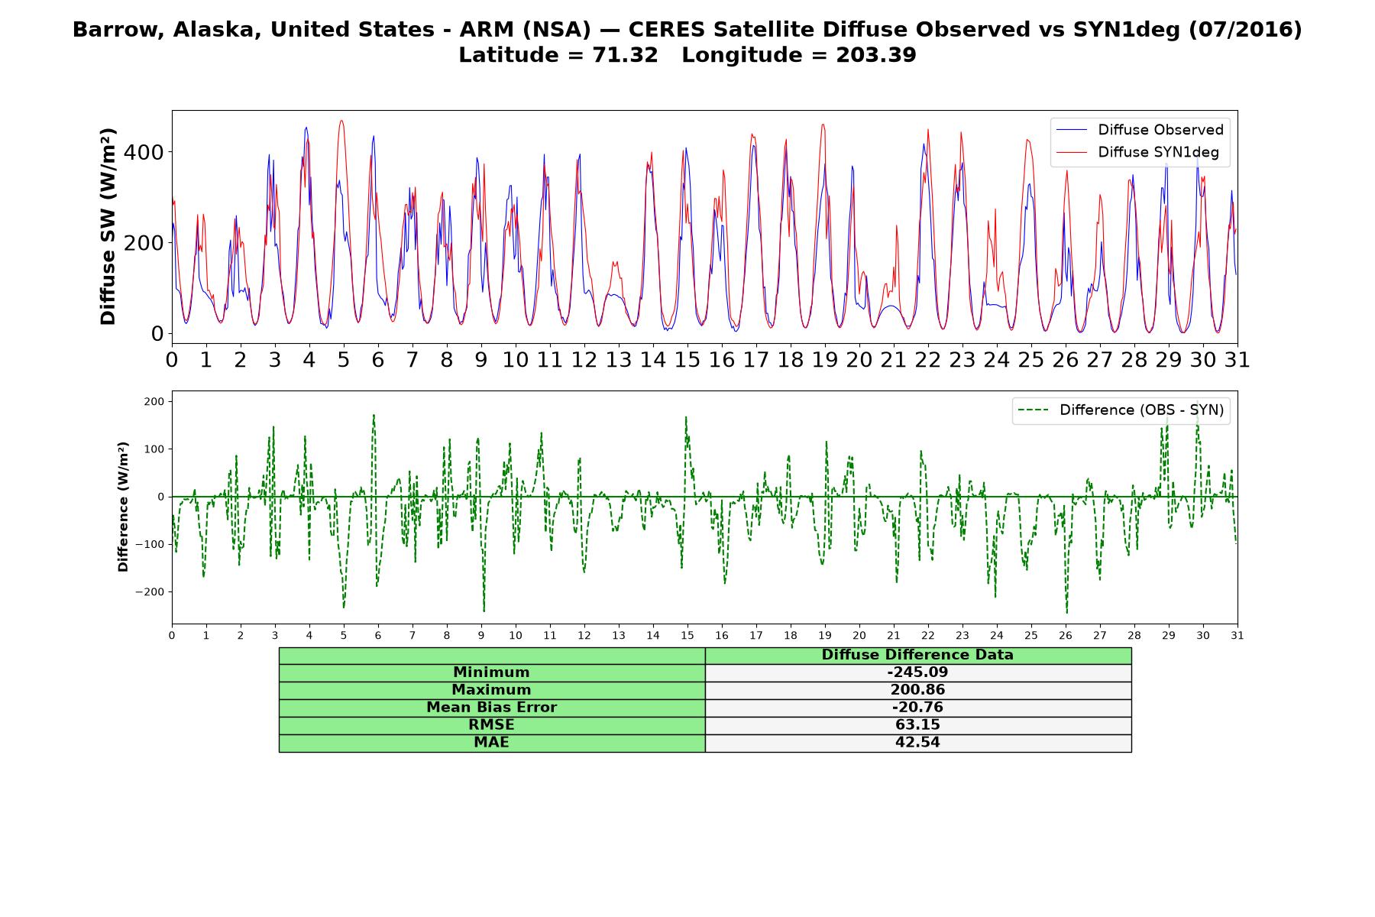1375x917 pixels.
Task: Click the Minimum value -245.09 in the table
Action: pyautogui.click(x=917, y=672)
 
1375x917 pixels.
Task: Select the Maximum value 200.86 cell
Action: pyautogui.click(x=917, y=690)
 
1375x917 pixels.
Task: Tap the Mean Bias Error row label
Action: pyautogui.click(x=491, y=708)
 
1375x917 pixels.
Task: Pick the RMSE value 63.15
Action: pyautogui.click(x=917, y=725)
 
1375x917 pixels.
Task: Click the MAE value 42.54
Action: pyautogui.click(x=917, y=743)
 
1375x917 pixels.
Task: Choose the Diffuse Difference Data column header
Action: pyautogui.click(x=917, y=655)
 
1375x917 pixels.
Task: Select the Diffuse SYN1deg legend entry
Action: pyautogui.click(x=1137, y=152)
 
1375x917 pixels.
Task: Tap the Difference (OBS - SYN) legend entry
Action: pyautogui.click(x=1121, y=410)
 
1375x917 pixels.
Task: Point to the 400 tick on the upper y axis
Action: pyautogui.click(x=145, y=152)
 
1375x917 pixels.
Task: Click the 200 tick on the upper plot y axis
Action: pyautogui.click(x=145, y=243)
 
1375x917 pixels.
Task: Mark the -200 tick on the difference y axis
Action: pyautogui.click(x=150, y=592)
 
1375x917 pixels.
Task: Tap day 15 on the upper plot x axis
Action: pyautogui.click(x=687, y=360)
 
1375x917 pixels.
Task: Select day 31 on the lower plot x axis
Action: pyautogui.click(x=1237, y=635)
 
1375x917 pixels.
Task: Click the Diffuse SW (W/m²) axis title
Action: pyautogui.click(x=108, y=227)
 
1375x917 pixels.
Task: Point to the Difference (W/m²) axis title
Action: pyautogui.click(x=123, y=507)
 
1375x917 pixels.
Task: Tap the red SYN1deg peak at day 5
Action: pyautogui.click(x=341, y=121)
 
